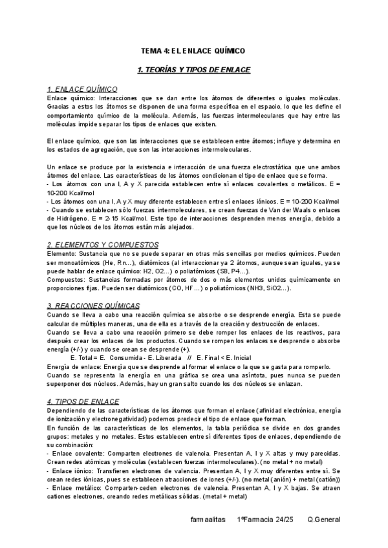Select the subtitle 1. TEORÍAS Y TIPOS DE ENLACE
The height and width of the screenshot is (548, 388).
[x=193, y=69]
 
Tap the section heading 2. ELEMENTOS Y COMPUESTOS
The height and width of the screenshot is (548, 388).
[x=103, y=245]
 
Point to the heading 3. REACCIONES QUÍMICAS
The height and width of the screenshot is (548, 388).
[x=93, y=305]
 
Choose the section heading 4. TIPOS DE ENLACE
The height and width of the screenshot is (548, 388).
[x=80, y=401]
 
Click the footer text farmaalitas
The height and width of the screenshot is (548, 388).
[x=208, y=520]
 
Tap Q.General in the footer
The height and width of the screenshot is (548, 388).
[x=323, y=520]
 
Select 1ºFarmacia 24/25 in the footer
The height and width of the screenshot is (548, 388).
[x=266, y=520]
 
